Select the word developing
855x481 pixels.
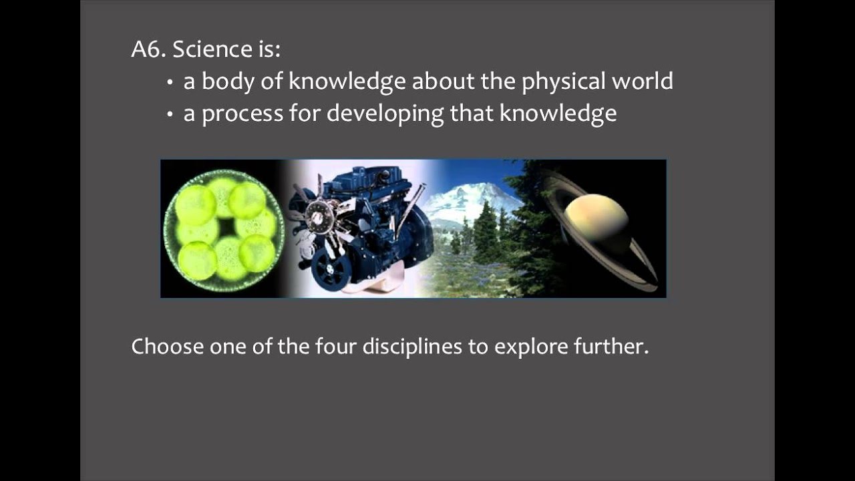pos(385,114)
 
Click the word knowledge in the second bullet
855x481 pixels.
pos(558,114)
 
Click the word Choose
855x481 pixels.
pos(167,347)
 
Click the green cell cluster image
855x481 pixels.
pos(224,229)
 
